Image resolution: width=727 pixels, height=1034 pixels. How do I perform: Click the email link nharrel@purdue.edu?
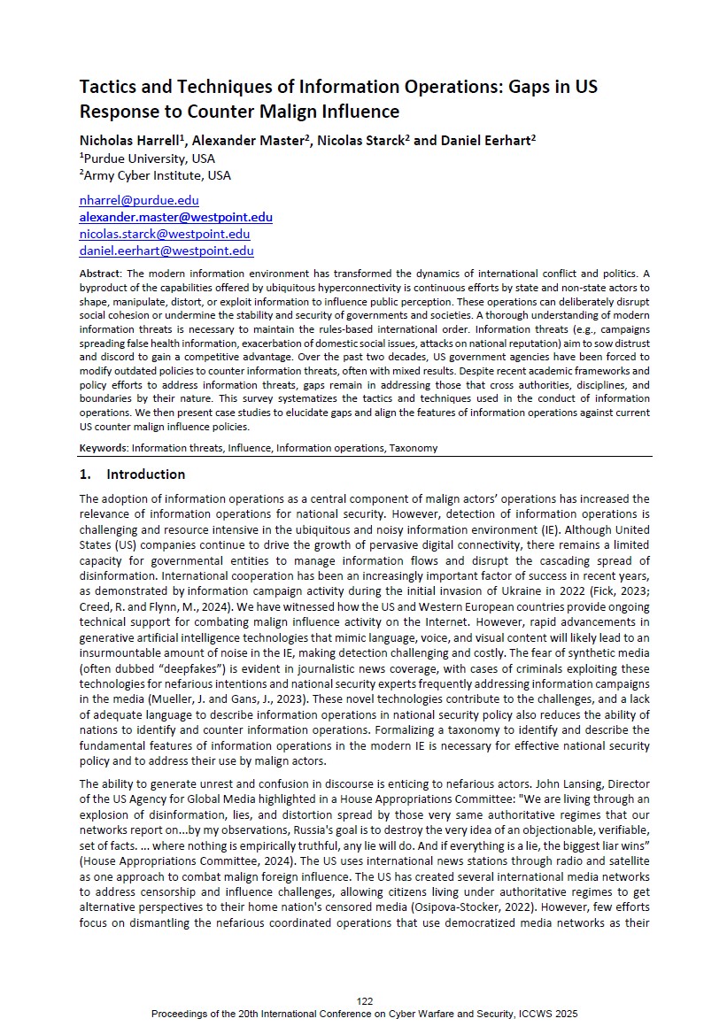click(139, 201)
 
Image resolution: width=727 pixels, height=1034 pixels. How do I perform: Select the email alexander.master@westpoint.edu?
click(175, 217)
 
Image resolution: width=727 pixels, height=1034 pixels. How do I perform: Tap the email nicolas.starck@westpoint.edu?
click(165, 234)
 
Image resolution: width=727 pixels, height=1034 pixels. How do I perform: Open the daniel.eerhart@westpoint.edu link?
click(166, 251)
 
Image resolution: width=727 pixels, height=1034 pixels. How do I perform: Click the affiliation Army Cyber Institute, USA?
click(157, 175)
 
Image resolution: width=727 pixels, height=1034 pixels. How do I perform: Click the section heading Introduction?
click(145, 474)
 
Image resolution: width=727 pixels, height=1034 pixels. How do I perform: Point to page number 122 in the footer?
click(365, 1000)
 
